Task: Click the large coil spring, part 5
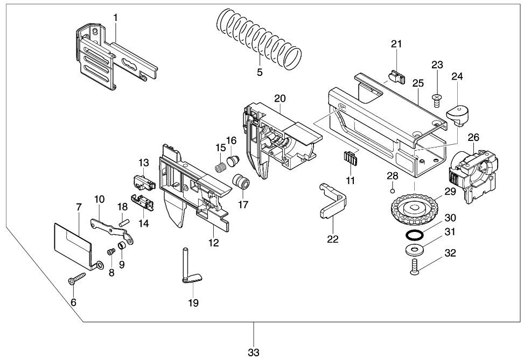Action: (x=258, y=38)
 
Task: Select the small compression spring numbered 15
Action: (x=221, y=166)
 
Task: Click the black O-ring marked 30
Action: (x=414, y=235)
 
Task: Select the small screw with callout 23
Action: (x=437, y=101)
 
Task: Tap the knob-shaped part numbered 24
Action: (x=458, y=115)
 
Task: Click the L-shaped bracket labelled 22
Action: (x=333, y=200)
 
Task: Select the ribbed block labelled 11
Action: (x=350, y=158)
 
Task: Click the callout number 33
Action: (x=254, y=352)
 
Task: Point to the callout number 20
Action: (x=280, y=98)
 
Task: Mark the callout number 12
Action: (x=214, y=243)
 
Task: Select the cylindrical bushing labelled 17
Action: (x=241, y=181)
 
